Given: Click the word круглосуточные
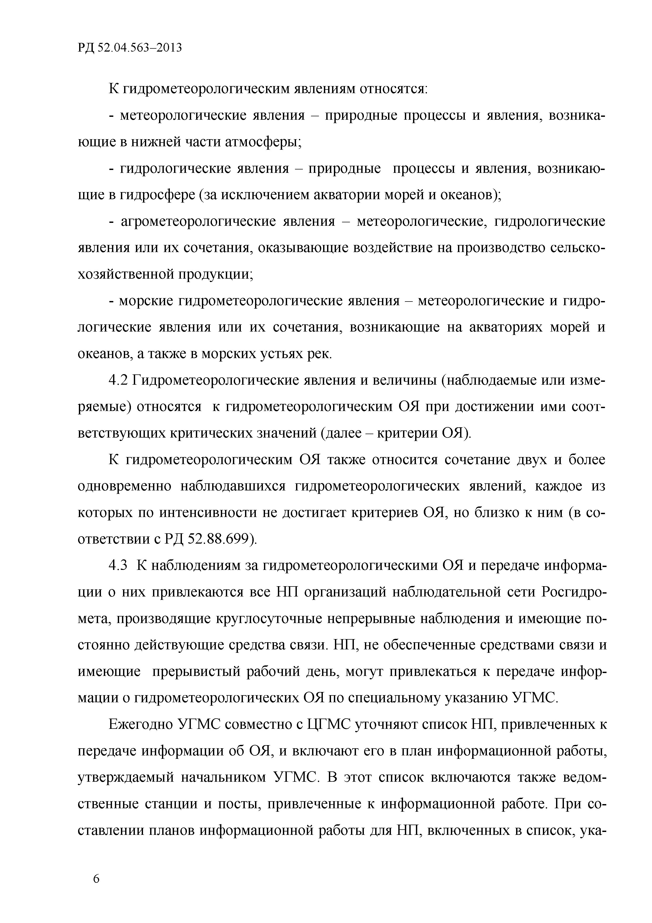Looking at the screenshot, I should [x=269, y=618].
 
